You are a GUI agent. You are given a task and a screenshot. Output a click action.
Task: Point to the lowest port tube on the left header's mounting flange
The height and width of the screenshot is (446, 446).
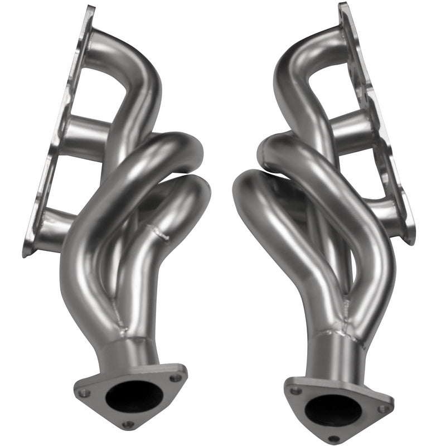pyautogui.click(x=53, y=229)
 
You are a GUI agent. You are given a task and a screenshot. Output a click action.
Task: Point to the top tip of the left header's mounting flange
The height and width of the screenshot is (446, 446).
pyautogui.click(x=88, y=8)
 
